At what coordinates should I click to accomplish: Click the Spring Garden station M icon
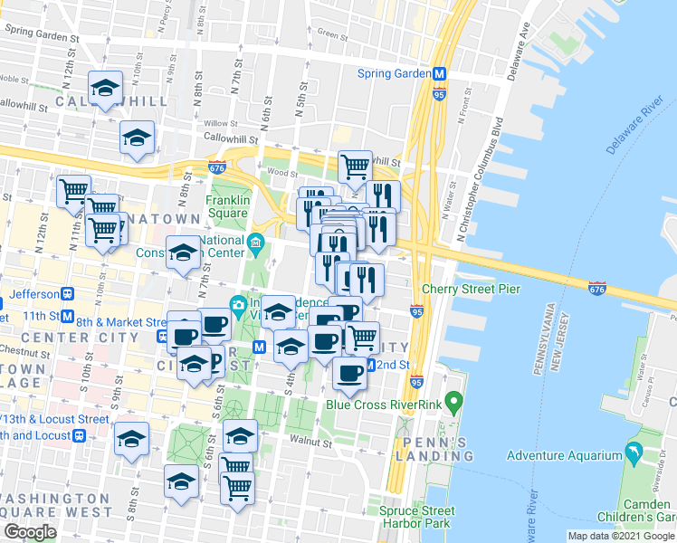tap(439, 74)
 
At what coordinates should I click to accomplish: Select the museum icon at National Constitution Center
tap(256, 242)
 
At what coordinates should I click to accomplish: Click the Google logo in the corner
tap(29, 532)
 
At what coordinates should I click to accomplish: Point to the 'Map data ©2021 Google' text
tap(621, 536)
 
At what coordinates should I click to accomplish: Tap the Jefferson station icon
tap(67, 294)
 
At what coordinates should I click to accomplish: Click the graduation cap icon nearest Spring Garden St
tap(106, 89)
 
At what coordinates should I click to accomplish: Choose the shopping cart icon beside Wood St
tap(355, 166)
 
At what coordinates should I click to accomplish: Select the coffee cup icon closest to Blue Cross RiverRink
tap(348, 372)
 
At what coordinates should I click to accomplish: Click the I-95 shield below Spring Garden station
tap(439, 94)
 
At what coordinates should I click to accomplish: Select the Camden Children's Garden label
tap(643, 510)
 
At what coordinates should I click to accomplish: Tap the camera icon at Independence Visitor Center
tap(238, 304)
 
